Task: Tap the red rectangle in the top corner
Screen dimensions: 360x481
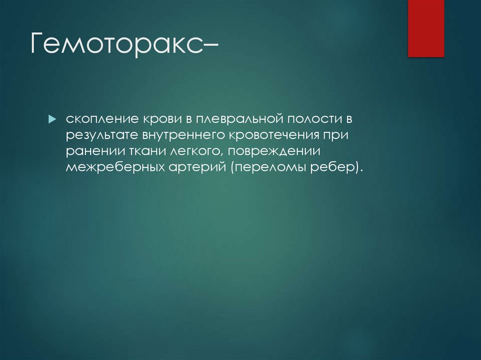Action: click(426, 29)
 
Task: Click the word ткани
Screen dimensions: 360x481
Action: click(135, 151)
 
